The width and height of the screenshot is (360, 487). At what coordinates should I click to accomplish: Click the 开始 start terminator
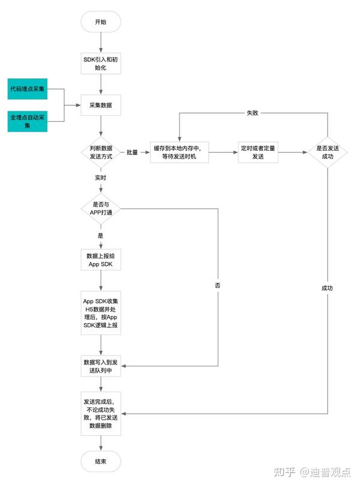tap(101, 22)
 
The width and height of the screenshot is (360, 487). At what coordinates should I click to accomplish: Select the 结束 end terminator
tap(101, 461)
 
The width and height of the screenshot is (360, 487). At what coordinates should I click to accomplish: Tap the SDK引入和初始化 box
tap(101, 64)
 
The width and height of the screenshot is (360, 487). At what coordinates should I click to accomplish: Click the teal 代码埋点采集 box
tap(28, 89)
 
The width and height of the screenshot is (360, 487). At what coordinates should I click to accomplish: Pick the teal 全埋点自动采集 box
tap(28, 121)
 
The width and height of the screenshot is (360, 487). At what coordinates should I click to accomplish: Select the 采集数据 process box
tap(101, 105)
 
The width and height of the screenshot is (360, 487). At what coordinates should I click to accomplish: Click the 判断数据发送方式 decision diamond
tap(101, 152)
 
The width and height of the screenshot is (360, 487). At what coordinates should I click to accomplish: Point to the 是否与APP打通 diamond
tap(101, 208)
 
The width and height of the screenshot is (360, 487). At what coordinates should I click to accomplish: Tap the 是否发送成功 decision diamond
tap(328, 152)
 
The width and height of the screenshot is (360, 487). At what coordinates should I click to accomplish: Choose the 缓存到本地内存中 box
tap(179, 152)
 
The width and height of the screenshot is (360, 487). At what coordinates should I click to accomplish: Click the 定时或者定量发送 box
tap(258, 152)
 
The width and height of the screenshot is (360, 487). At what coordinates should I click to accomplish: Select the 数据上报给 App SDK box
tap(101, 259)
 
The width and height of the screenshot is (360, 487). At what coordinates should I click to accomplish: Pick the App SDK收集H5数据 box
tap(101, 313)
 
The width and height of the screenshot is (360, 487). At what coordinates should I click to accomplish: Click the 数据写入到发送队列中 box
tap(101, 366)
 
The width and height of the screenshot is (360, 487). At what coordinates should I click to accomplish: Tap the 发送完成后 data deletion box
tap(101, 414)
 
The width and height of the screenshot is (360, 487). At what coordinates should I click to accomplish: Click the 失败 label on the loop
tap(253, 113)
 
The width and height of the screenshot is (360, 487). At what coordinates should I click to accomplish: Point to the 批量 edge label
tap(132, 152)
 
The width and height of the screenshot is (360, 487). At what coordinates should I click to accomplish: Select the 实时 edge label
tap(101, 178)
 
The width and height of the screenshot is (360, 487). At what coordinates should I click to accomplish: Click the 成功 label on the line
tap(327, 288)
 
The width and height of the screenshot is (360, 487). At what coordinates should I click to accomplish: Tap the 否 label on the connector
tap(218, 285)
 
